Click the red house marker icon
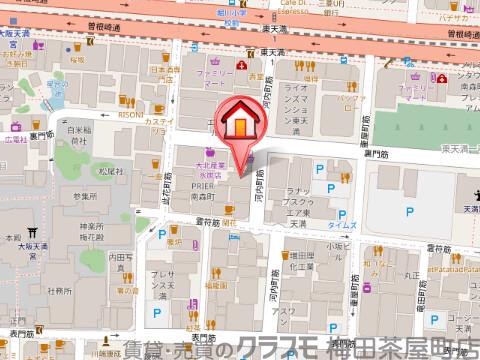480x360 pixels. [240, 122]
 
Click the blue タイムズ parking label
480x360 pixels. [343, 227]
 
